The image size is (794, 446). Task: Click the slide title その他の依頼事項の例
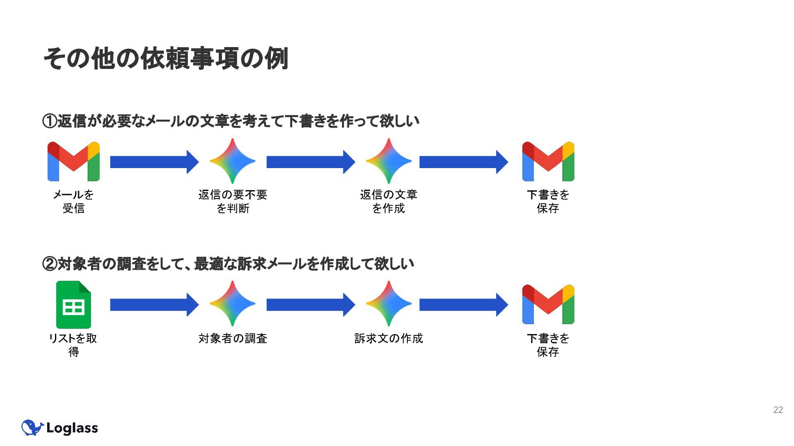pos(165,59)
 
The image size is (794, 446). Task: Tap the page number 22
pos(778,410)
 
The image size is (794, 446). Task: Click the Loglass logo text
pos(72,428)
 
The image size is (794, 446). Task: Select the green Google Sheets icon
pos(73,305)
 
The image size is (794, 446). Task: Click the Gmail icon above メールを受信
pos(73,161)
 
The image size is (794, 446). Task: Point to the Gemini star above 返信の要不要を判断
pos(232,161)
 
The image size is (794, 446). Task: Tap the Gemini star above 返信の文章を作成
pos(388,161)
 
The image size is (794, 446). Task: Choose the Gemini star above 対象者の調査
pos(232,304)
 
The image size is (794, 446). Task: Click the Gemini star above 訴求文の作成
pos(388,304)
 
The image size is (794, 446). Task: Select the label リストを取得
pos(73,345)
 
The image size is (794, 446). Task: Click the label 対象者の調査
pos(233,339)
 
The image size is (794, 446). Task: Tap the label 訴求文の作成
pos(388,339)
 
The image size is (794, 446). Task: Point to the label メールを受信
pos(73,201)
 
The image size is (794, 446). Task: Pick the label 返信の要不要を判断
pos(233,201)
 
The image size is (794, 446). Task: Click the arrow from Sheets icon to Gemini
pos(154,305)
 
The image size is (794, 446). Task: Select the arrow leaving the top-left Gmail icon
pos(154,162)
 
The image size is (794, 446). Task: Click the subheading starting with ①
pos(231,121)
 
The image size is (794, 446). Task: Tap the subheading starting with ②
pos(228,263)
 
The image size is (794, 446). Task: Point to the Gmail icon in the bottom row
pos(548,304)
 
